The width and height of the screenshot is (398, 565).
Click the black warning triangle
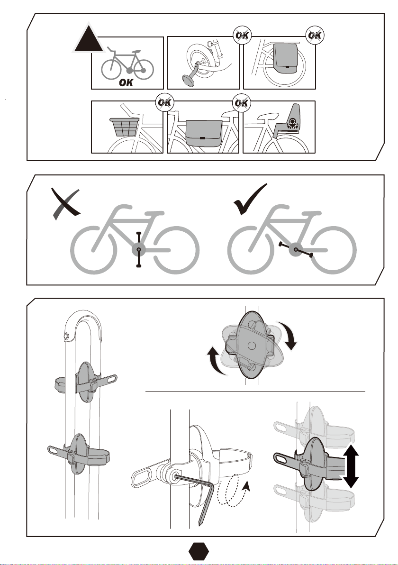(88, 39)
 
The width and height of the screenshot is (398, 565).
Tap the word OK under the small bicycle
(126, 82)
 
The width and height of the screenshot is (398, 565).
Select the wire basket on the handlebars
(124, 127)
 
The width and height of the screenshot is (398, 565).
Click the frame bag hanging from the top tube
(204, 133)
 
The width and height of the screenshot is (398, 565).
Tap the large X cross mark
(66, 203)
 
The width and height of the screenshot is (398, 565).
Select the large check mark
(250, 199)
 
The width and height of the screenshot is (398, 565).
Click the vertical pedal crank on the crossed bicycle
(139, 250)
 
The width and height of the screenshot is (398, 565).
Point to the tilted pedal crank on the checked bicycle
(296, 249)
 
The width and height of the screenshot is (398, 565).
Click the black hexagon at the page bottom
(199, 551)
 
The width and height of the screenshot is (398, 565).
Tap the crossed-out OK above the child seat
(241, 103)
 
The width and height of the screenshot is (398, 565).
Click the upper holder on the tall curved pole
(86, 383)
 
